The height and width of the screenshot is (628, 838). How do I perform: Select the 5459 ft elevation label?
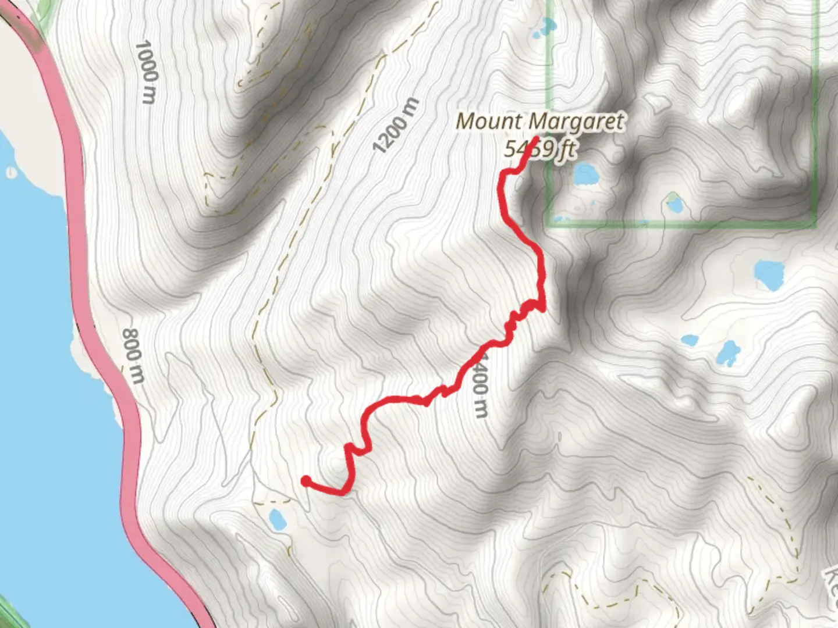click(x=540, y=149)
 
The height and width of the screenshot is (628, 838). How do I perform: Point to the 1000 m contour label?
click(x=146, y=72)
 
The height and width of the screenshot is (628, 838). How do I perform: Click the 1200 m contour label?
click(x=396, y=126)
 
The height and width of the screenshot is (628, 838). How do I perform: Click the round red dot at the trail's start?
click(x=306, y=480)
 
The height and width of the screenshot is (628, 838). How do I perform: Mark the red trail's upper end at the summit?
click(x=534, y=138)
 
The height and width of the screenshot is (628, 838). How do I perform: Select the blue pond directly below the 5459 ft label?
click(x=585, y=174)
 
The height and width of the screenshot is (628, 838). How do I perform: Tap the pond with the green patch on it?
click(x=673, y=203)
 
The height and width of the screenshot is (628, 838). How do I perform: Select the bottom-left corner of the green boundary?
click(x=548, y=223)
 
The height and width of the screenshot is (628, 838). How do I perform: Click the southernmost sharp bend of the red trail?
click(x=343, y=493)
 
